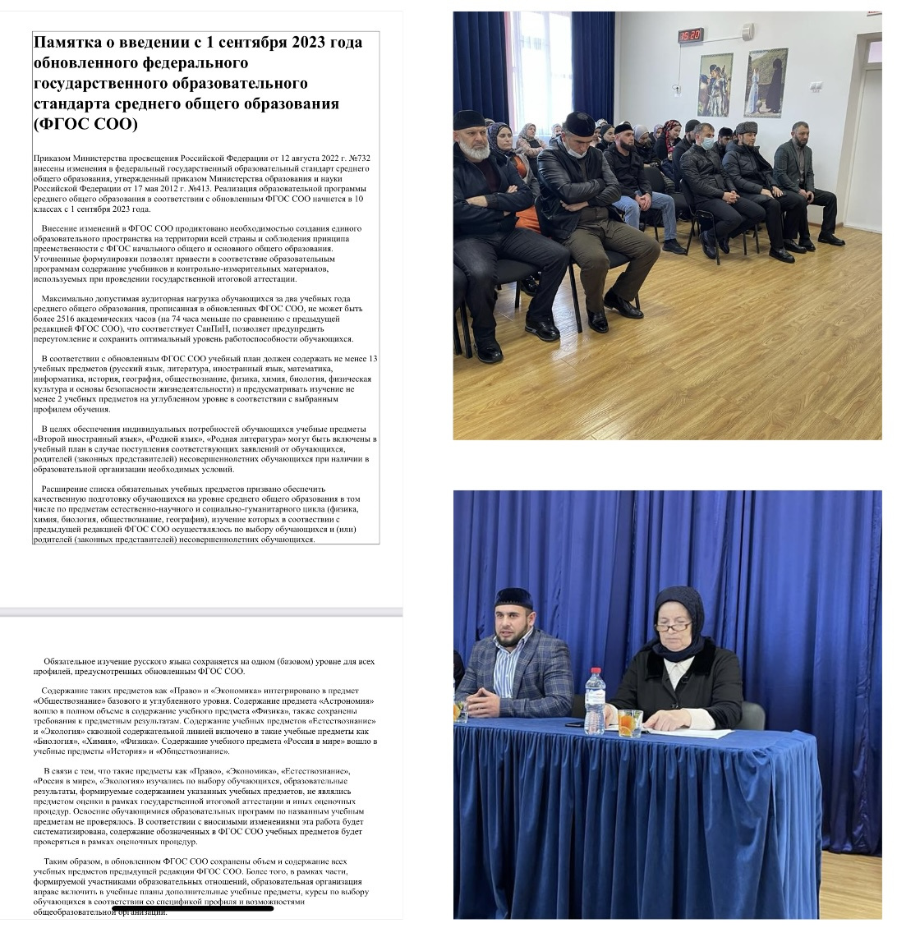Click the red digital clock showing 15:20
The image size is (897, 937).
click(x=690, y=35)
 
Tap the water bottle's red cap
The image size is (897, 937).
click(x=595, y=672)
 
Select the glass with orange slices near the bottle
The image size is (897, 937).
click(x=629, y=722)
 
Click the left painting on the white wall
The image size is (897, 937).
click(x=715, y=84)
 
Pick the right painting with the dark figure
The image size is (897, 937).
click(x=766, y=82)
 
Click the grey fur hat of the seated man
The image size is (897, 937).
click(x=746, y=128)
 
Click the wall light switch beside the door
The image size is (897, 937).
click(x=816, y=86)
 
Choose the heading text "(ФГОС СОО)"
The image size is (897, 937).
click(x=85, y=124)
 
